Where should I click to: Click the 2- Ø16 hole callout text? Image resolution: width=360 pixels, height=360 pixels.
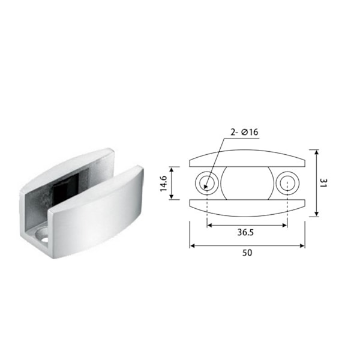coord(244,132)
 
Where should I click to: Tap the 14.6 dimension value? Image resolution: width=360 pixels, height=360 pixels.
coord(163,184)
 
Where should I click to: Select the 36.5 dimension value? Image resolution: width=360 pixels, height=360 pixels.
coord(245,232)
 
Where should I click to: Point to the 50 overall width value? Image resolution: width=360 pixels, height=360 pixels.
coord(247,253)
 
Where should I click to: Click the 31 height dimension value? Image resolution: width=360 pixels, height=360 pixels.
coord(323,183)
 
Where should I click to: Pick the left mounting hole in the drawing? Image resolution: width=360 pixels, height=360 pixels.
coord(207,183)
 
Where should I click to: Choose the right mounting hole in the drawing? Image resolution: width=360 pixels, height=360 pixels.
coord(287,183)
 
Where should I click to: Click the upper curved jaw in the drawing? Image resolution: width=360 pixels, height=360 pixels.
coord(247,158)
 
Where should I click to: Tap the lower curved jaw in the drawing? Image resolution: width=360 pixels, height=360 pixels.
coord(247,208)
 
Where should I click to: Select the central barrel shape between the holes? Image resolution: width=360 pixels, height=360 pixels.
coord(247,183)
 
